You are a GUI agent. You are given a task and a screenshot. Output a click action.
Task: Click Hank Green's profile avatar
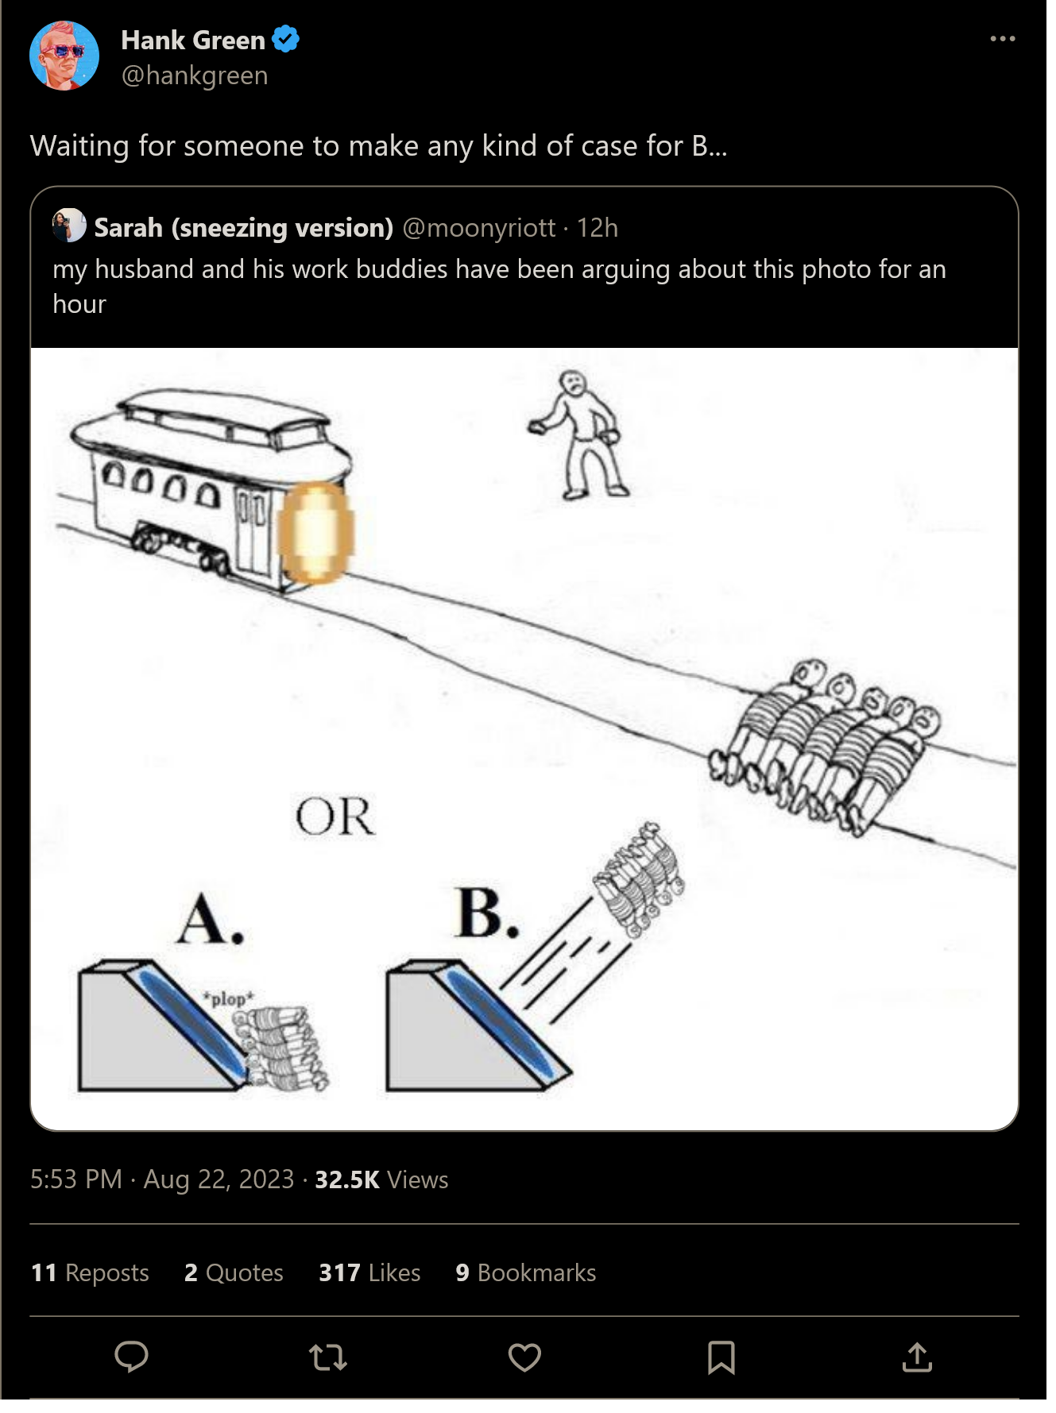pyautogui.click(x=64, y=56)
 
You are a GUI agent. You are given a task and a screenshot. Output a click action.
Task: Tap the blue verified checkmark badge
pyautogui.click(x=286, y=39)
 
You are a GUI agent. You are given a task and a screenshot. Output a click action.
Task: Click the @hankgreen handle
pyautogui.click(x=195, y=75)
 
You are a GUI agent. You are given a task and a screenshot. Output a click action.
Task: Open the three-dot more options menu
pyautogui.click(x=1003, y=38)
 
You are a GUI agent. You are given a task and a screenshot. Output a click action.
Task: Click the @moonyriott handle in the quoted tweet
pyautogui.click(x=479, y=228)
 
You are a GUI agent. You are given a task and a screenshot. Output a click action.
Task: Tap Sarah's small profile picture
pyautogui.click(x=69, y=226)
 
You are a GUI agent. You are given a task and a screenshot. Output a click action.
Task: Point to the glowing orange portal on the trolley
pyautogui.click(x=315, y=533)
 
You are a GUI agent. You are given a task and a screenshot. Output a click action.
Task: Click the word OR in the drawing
pyautogui.click(x=335, y=817)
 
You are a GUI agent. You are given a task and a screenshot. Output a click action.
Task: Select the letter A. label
pyautogui.click(x=211, y=919)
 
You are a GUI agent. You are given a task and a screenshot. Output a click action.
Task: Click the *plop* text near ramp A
pyautogui.click(x=228, y=998)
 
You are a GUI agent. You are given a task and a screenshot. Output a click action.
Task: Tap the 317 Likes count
pyautogui.click(x=369, y=1273)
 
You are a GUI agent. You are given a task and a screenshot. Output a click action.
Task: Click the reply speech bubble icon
pyautogui.click(x=131, y=1357)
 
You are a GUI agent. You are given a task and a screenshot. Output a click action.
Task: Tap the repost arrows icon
pyautogui.click(x=328, y=1357)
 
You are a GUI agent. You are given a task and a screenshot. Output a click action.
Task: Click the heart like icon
pyautogui.click(x=525, y=1357)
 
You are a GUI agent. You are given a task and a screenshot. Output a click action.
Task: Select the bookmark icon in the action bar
pyautogui.click(x=721, y=1357)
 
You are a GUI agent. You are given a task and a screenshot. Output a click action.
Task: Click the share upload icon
pyautogui.click(x=918, y=1357)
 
